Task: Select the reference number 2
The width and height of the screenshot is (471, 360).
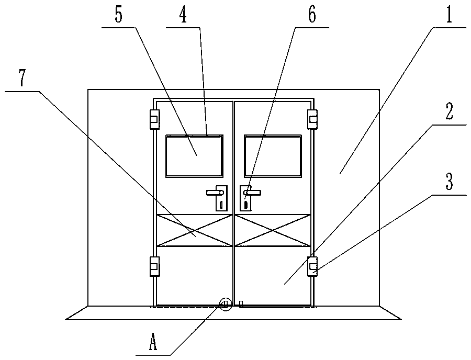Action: (x=450, y=112)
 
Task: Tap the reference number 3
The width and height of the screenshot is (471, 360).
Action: (x=450, y=183)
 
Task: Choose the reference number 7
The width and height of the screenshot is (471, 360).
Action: (x=21, y=78)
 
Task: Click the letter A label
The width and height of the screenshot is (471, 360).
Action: (x=153, y=343)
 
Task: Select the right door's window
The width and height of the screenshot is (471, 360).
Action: (x=273, y=156)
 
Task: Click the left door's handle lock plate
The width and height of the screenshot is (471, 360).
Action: (x=220, y=198)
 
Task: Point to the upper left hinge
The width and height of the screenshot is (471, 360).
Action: (x=154, y=119)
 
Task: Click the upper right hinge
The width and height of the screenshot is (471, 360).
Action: (x=312, y=119)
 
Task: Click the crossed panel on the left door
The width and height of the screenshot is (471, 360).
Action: (x=195, y=230)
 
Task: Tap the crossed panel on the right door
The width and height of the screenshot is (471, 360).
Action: (x=273, y=230)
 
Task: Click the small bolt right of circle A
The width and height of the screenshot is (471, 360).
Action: (x=241, y=303)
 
